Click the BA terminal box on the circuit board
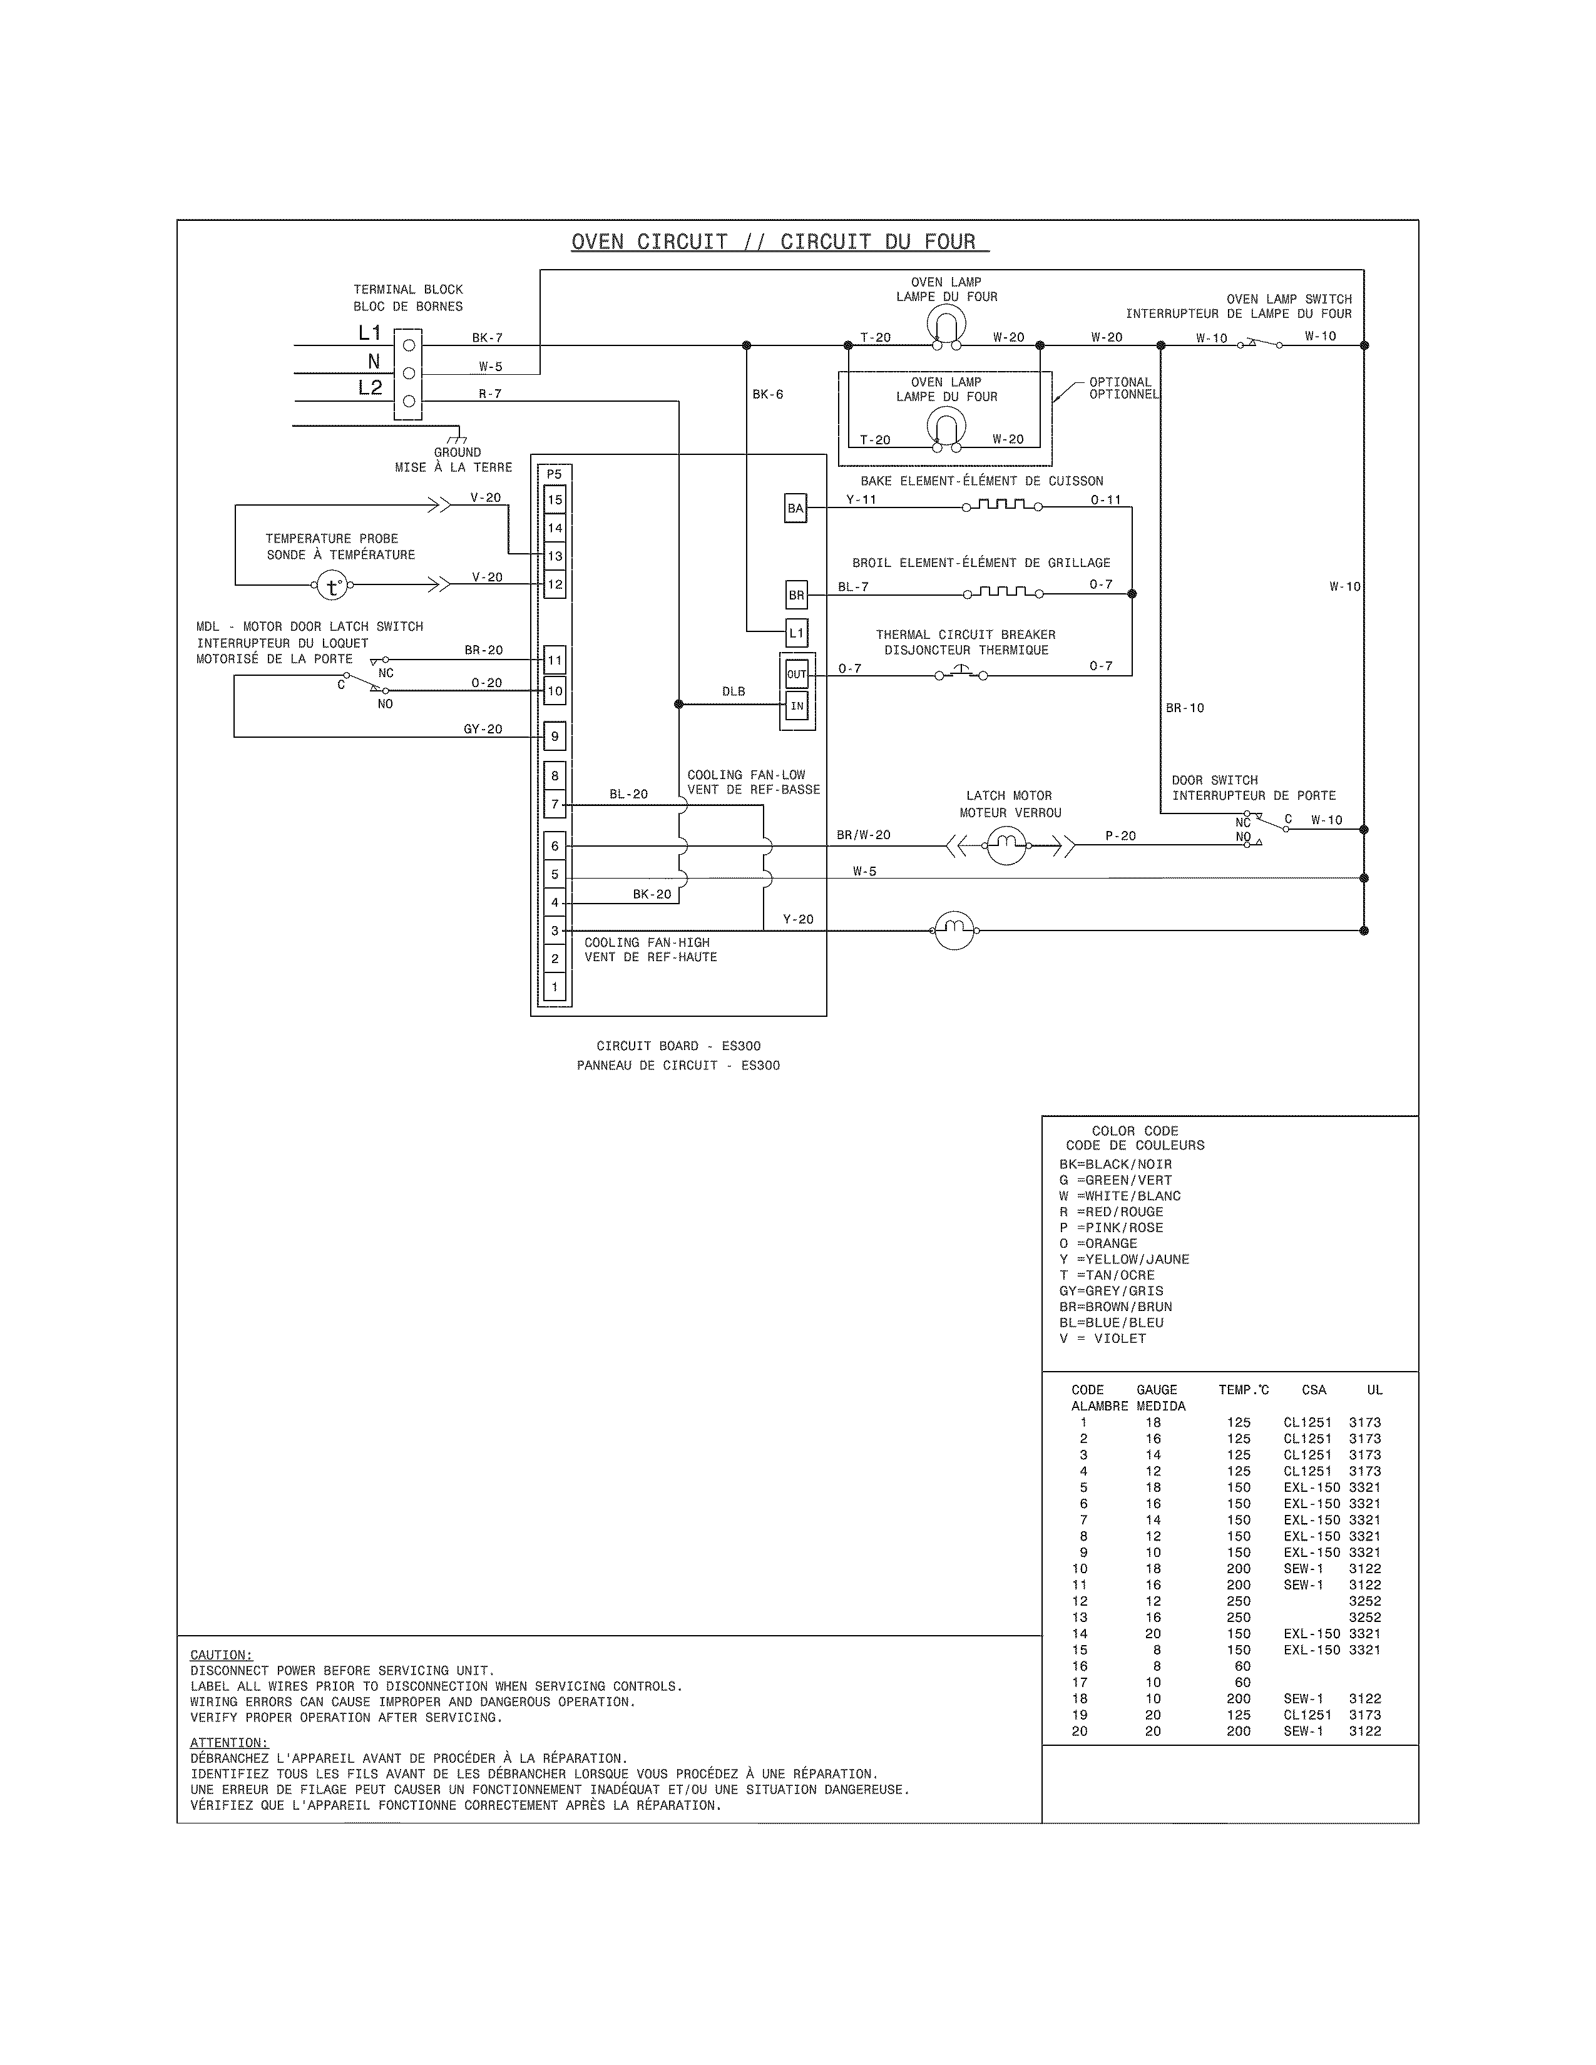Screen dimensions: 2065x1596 (x=796, y=509)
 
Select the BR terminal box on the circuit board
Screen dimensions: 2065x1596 (x=796, y=594)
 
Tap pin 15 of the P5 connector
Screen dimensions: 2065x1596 (x=555, y=500)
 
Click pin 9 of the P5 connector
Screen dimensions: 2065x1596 (x=555, y=736)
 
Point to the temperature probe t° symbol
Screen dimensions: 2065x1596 (x=332, y=586)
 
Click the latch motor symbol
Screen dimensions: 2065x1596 (x=1006, y=844)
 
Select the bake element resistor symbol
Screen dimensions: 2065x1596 (x=1002, y=506)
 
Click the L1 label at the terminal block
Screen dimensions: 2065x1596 (x=370, y=333)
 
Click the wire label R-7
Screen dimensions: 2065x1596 (x=490, y=394)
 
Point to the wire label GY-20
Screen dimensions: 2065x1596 (x=483, y=729)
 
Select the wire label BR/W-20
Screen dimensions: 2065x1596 (x=863, y=835)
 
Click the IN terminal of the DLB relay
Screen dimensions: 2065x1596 (x=797, y=705)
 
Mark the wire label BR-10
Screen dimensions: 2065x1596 (x=1185, y=707)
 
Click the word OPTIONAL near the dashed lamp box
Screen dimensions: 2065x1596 (x=1120, y=382)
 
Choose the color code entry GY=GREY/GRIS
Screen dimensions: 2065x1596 (x=1111, y=1290)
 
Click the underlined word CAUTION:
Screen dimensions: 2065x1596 (x=221, y=1655)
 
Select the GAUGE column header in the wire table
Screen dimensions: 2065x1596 (x=1157, y=1390)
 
